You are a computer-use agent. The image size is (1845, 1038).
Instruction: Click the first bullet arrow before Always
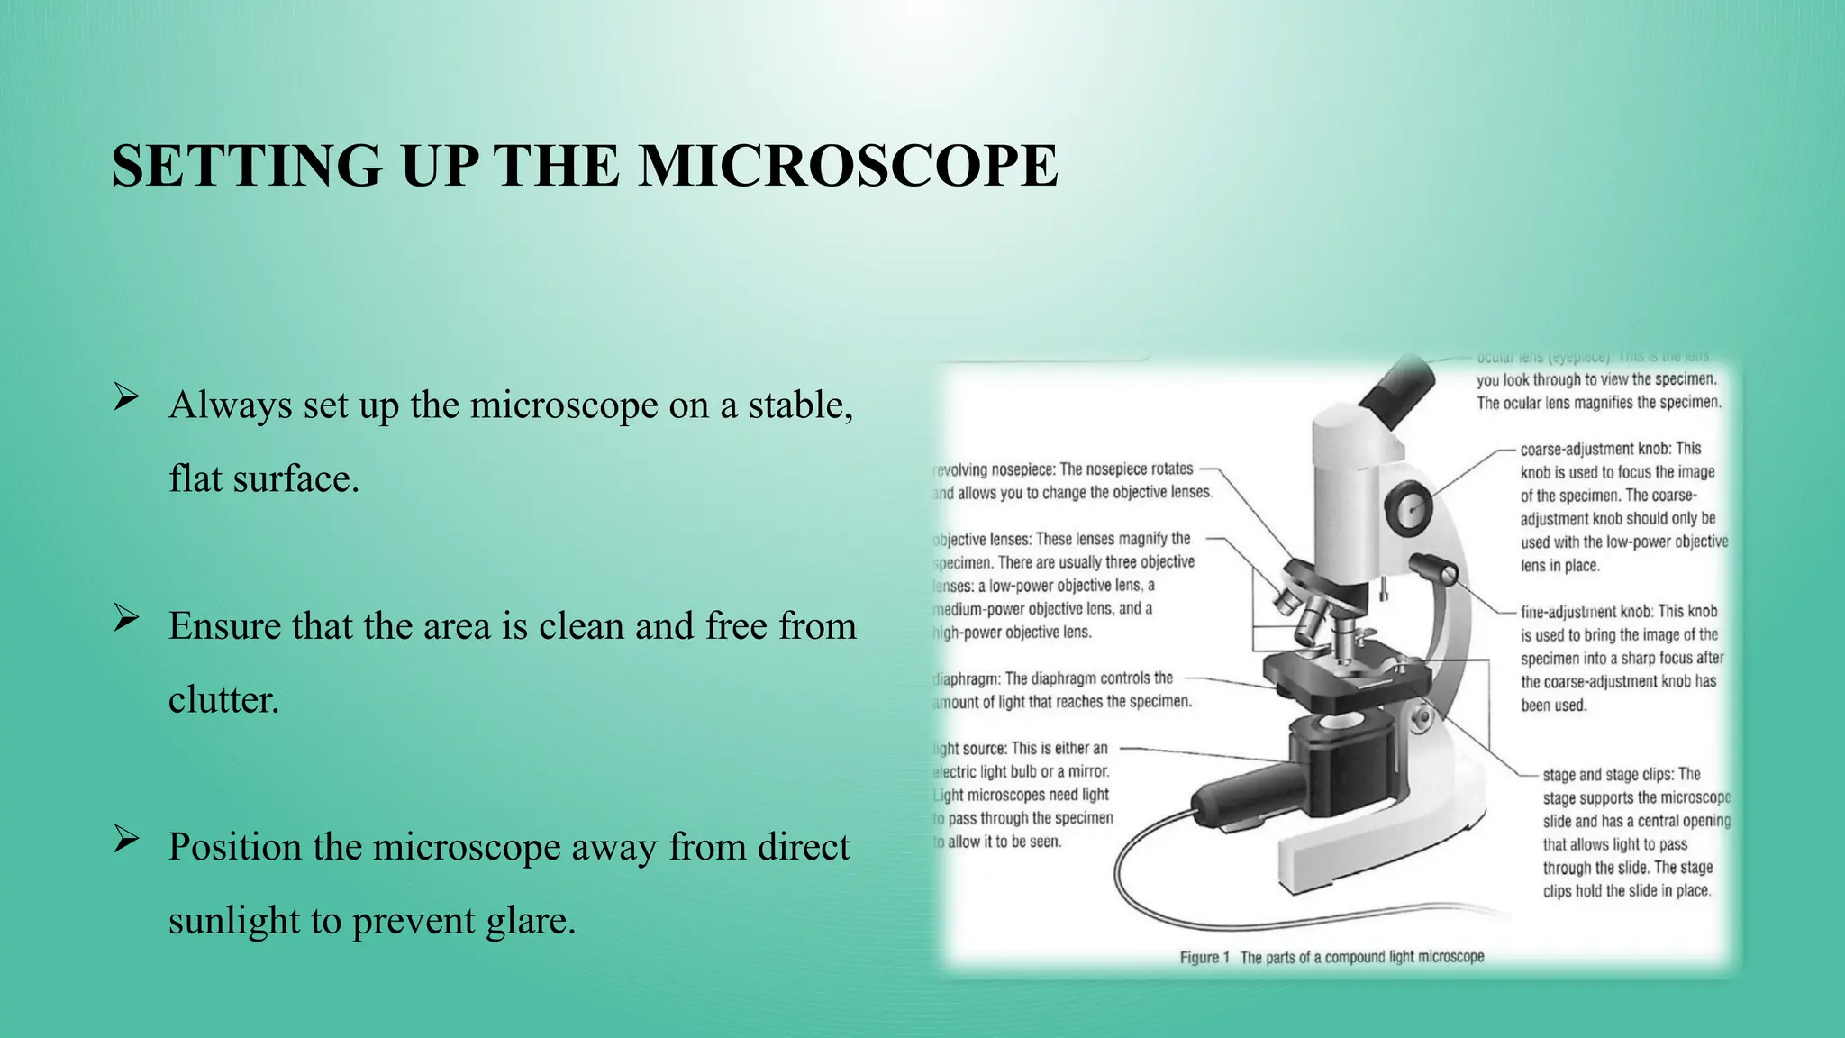pyautogui.click(x=126, y=396)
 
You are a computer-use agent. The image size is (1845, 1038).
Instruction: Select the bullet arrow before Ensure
pyautogui.click(x=126, y=618)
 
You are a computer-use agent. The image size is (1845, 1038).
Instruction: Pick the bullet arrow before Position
pyautogui.click(x=126, y=839)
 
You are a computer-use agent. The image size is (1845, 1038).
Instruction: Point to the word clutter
pyautogui.click(x=223, y=700)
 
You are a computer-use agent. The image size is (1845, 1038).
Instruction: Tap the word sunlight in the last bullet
pyautogui.click(x=233, y=921)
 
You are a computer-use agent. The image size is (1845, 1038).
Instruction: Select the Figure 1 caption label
pyautogui.click(x=1204, y=957)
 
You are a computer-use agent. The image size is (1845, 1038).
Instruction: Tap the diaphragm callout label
pyautogui.click(x=968, y=678)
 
